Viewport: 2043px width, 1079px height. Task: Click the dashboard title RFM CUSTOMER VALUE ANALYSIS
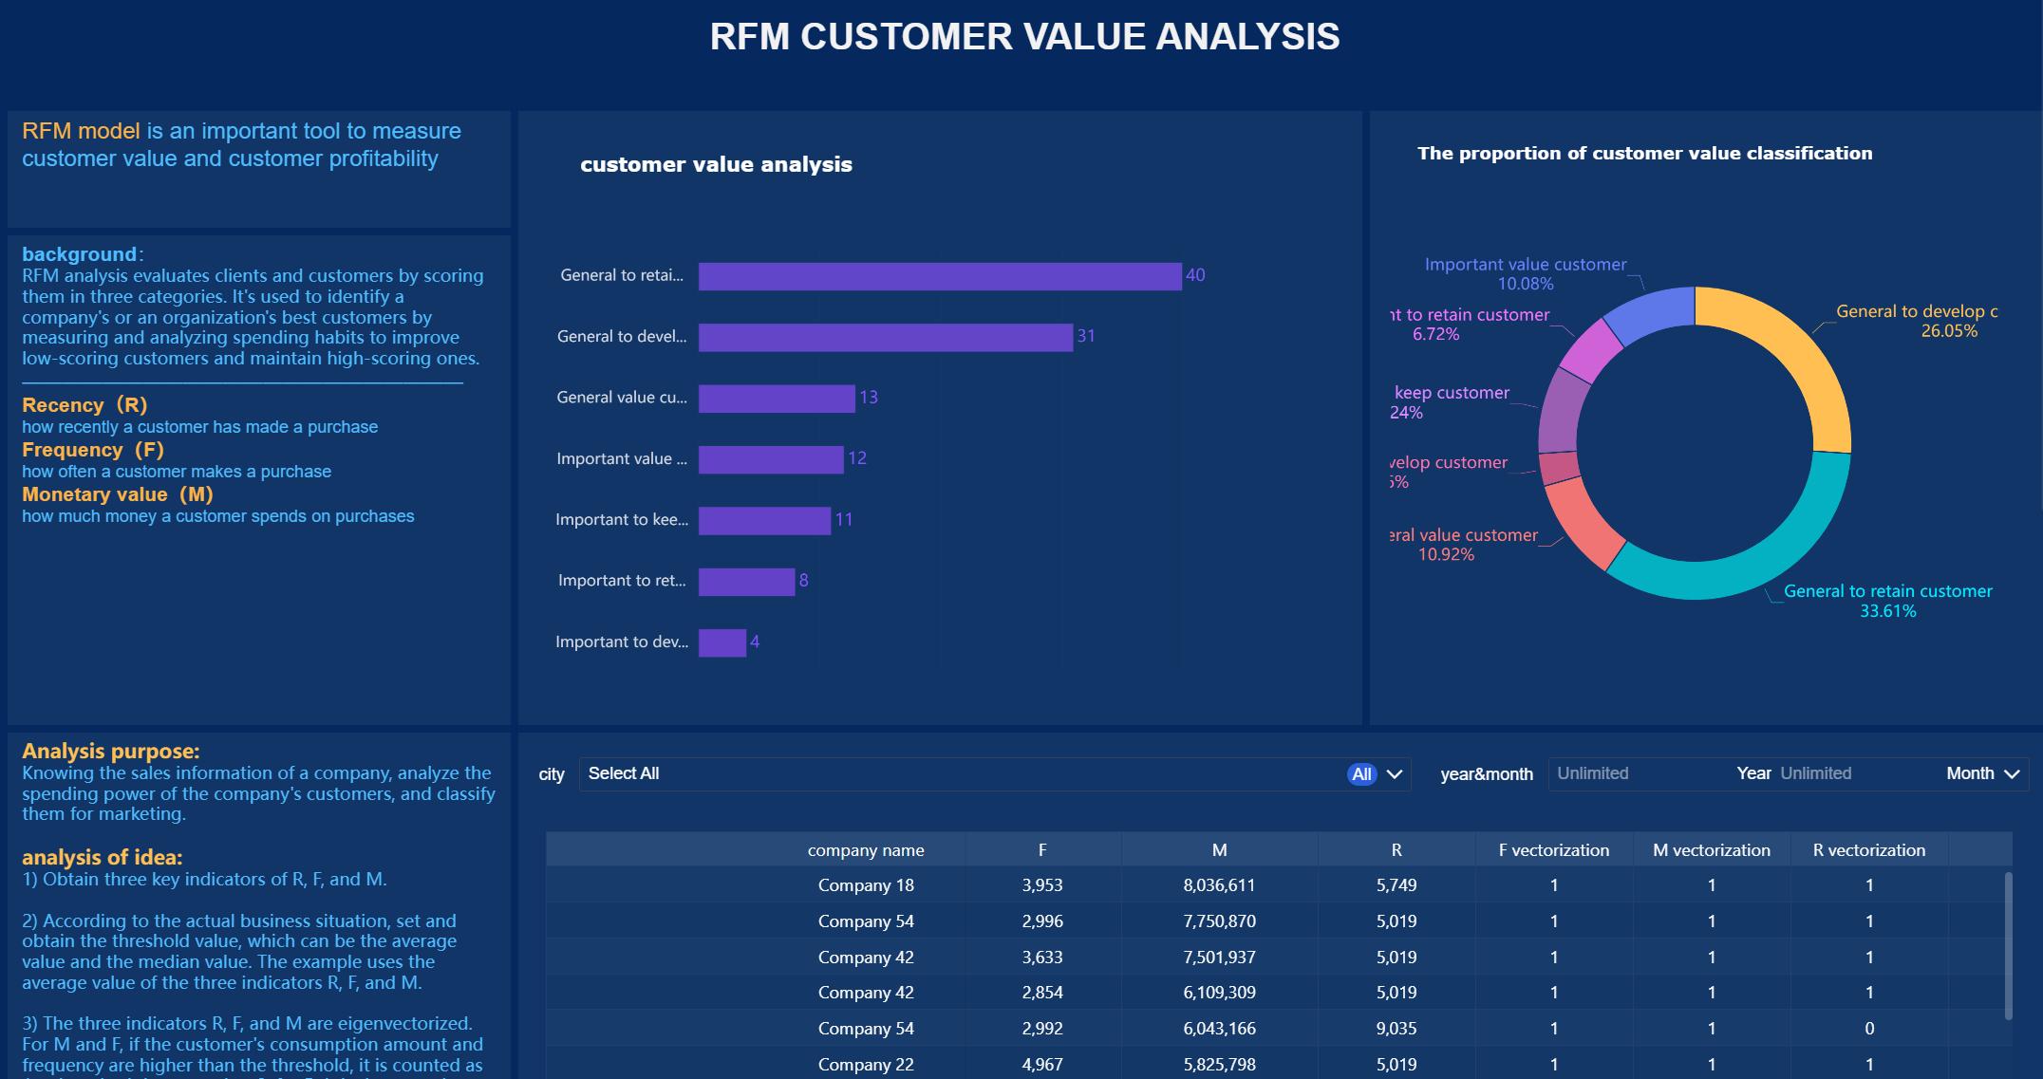pyautogui.click(x=1024, y=37)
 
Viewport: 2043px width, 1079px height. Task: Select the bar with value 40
pyautogui.click(x=940, y=276)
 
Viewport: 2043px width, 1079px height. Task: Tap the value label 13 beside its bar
pyautogui.click(x=869, y=398)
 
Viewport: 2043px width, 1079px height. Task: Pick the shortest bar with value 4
pyautogui.click(x=722, y=642)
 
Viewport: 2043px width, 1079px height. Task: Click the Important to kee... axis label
pyautogui.click(x=622, y=520)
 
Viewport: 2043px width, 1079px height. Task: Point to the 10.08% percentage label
pyautogui.click(x=1526, y=284)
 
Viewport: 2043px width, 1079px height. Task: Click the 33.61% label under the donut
pyautogui.click(x=1887, y=611)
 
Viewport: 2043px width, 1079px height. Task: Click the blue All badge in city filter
pyautogui.click(x=1361, y=774)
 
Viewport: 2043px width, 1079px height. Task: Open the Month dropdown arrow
pyautogui.click(x=2011, y=774)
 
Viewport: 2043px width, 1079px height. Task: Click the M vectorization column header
pyautogui.click(x=1711, y=850)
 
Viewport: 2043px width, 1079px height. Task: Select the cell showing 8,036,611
pyautogui.click(x=1219, y=885)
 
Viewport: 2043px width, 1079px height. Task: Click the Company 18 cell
pyautogui.click(x=866, y=885)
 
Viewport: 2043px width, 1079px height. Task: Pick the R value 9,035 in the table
pyautogui.click(x=1396, y=1029)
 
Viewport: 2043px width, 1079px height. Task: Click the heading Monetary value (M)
pyautogui.click(x=118, y=494)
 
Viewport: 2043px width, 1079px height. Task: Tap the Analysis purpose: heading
pyautogui.click(x=110, y=752)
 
